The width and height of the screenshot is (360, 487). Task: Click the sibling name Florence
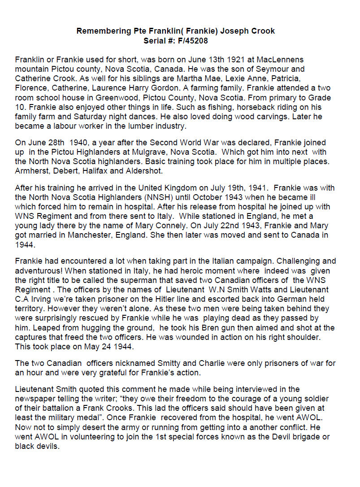tap(31, 88)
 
